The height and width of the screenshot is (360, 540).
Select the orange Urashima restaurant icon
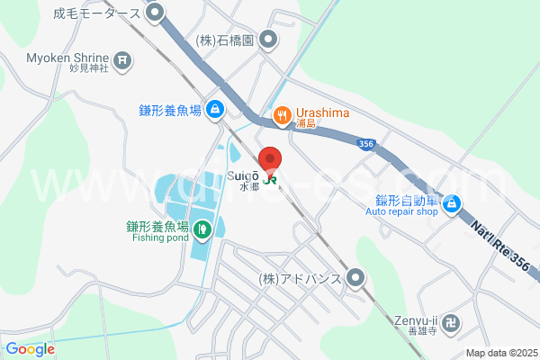click(x=282, y=114)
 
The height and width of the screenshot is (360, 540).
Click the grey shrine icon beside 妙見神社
click(x=124, y=61)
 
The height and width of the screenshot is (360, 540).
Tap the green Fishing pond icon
click(x=203, y=229)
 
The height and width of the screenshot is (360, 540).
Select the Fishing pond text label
click(x=159, y=238)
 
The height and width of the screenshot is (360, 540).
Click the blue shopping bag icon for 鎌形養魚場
click(x=215, y=110)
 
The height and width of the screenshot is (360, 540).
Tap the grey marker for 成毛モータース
click(x=156, y=13)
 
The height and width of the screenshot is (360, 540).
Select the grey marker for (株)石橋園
click(x=268, y=40)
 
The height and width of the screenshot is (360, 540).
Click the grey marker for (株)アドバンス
click(x=356, y=278)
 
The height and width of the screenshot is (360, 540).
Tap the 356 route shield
click(x=364, y=143)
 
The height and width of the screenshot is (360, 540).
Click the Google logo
click(x=30, y=349)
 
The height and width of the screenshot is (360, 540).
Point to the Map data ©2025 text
click(x=500, y=353)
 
